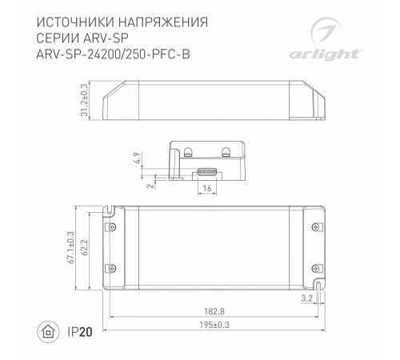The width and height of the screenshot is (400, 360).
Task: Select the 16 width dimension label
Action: (x=207, y=187)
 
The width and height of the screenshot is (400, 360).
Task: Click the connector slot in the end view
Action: (x=208, y=170)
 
